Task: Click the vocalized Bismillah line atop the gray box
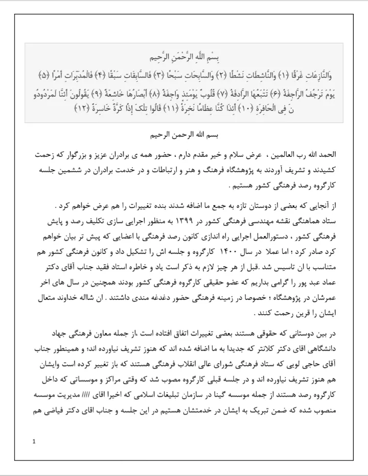tap(183, 56)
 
